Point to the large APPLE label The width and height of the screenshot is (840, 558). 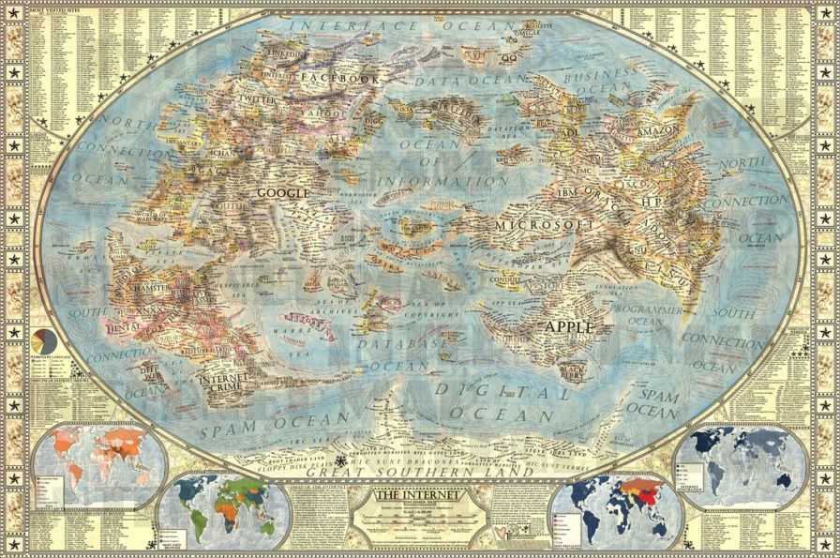570,326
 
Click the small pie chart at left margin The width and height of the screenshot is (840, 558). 43,339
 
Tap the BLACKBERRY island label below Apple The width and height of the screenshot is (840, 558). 573,372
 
